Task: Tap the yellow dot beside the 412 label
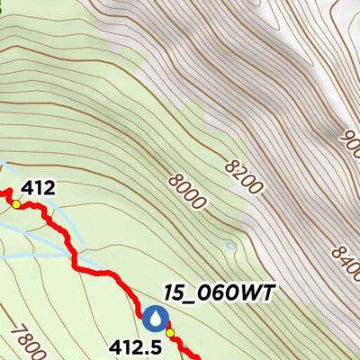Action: (x=15, y=205)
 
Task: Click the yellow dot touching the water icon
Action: (x=170, y=332)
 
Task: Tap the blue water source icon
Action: (x=155, y=318)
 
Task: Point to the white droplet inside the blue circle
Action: (x=155, y=318)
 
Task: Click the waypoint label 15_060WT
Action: (x=218, y=292)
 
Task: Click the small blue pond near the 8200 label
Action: (x=231, y=245)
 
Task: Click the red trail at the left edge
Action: (x=3, y=192)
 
